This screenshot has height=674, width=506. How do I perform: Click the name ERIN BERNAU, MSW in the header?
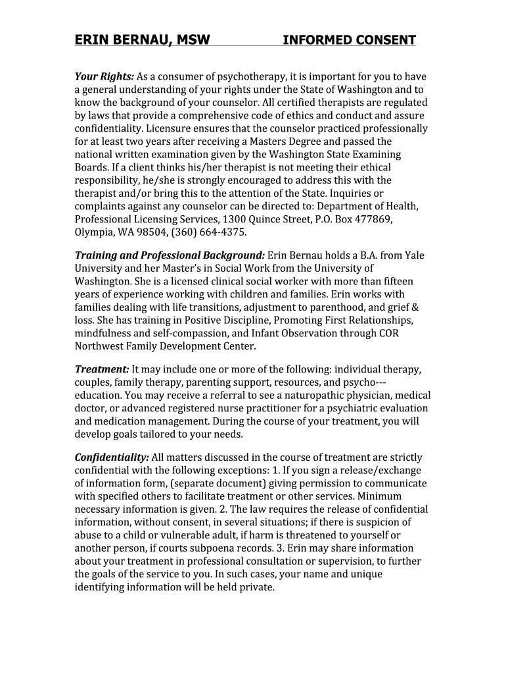pos(142,40)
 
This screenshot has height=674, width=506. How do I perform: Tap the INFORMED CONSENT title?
pos(349,40)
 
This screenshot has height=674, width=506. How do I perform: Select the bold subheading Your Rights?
pos(104,76)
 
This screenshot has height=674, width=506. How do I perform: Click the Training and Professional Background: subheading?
pos(170,255)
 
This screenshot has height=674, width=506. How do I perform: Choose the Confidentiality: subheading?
pos(112,457)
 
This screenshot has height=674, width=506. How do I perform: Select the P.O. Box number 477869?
pos(377,219)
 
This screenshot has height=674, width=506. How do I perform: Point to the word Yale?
pos(414,255)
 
